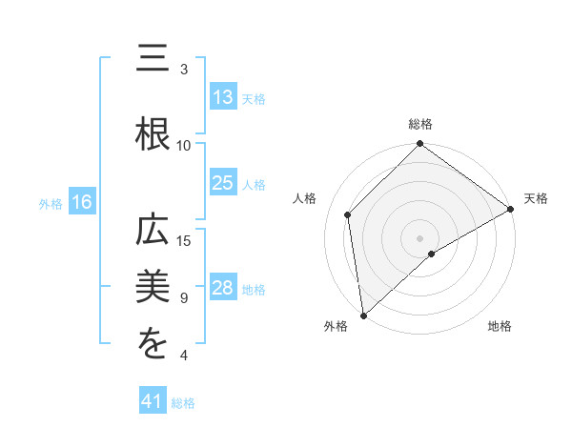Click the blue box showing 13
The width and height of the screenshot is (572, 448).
pos(223,96)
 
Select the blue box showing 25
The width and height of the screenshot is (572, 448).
pos(223,183)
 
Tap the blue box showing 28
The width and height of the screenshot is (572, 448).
pos(223,289)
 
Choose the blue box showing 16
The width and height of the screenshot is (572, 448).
pos(81,202)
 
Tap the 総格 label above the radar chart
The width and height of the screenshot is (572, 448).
pos(419,124)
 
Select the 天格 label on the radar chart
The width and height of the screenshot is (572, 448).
pos(536,198)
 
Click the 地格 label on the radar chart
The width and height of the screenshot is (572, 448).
pos(500,326)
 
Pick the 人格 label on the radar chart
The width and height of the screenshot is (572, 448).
pos(305,198)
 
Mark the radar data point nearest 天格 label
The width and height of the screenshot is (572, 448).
pos(511,210)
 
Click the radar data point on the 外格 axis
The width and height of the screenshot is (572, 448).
pos(363,315)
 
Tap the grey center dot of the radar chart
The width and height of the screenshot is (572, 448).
pos(419,237)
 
